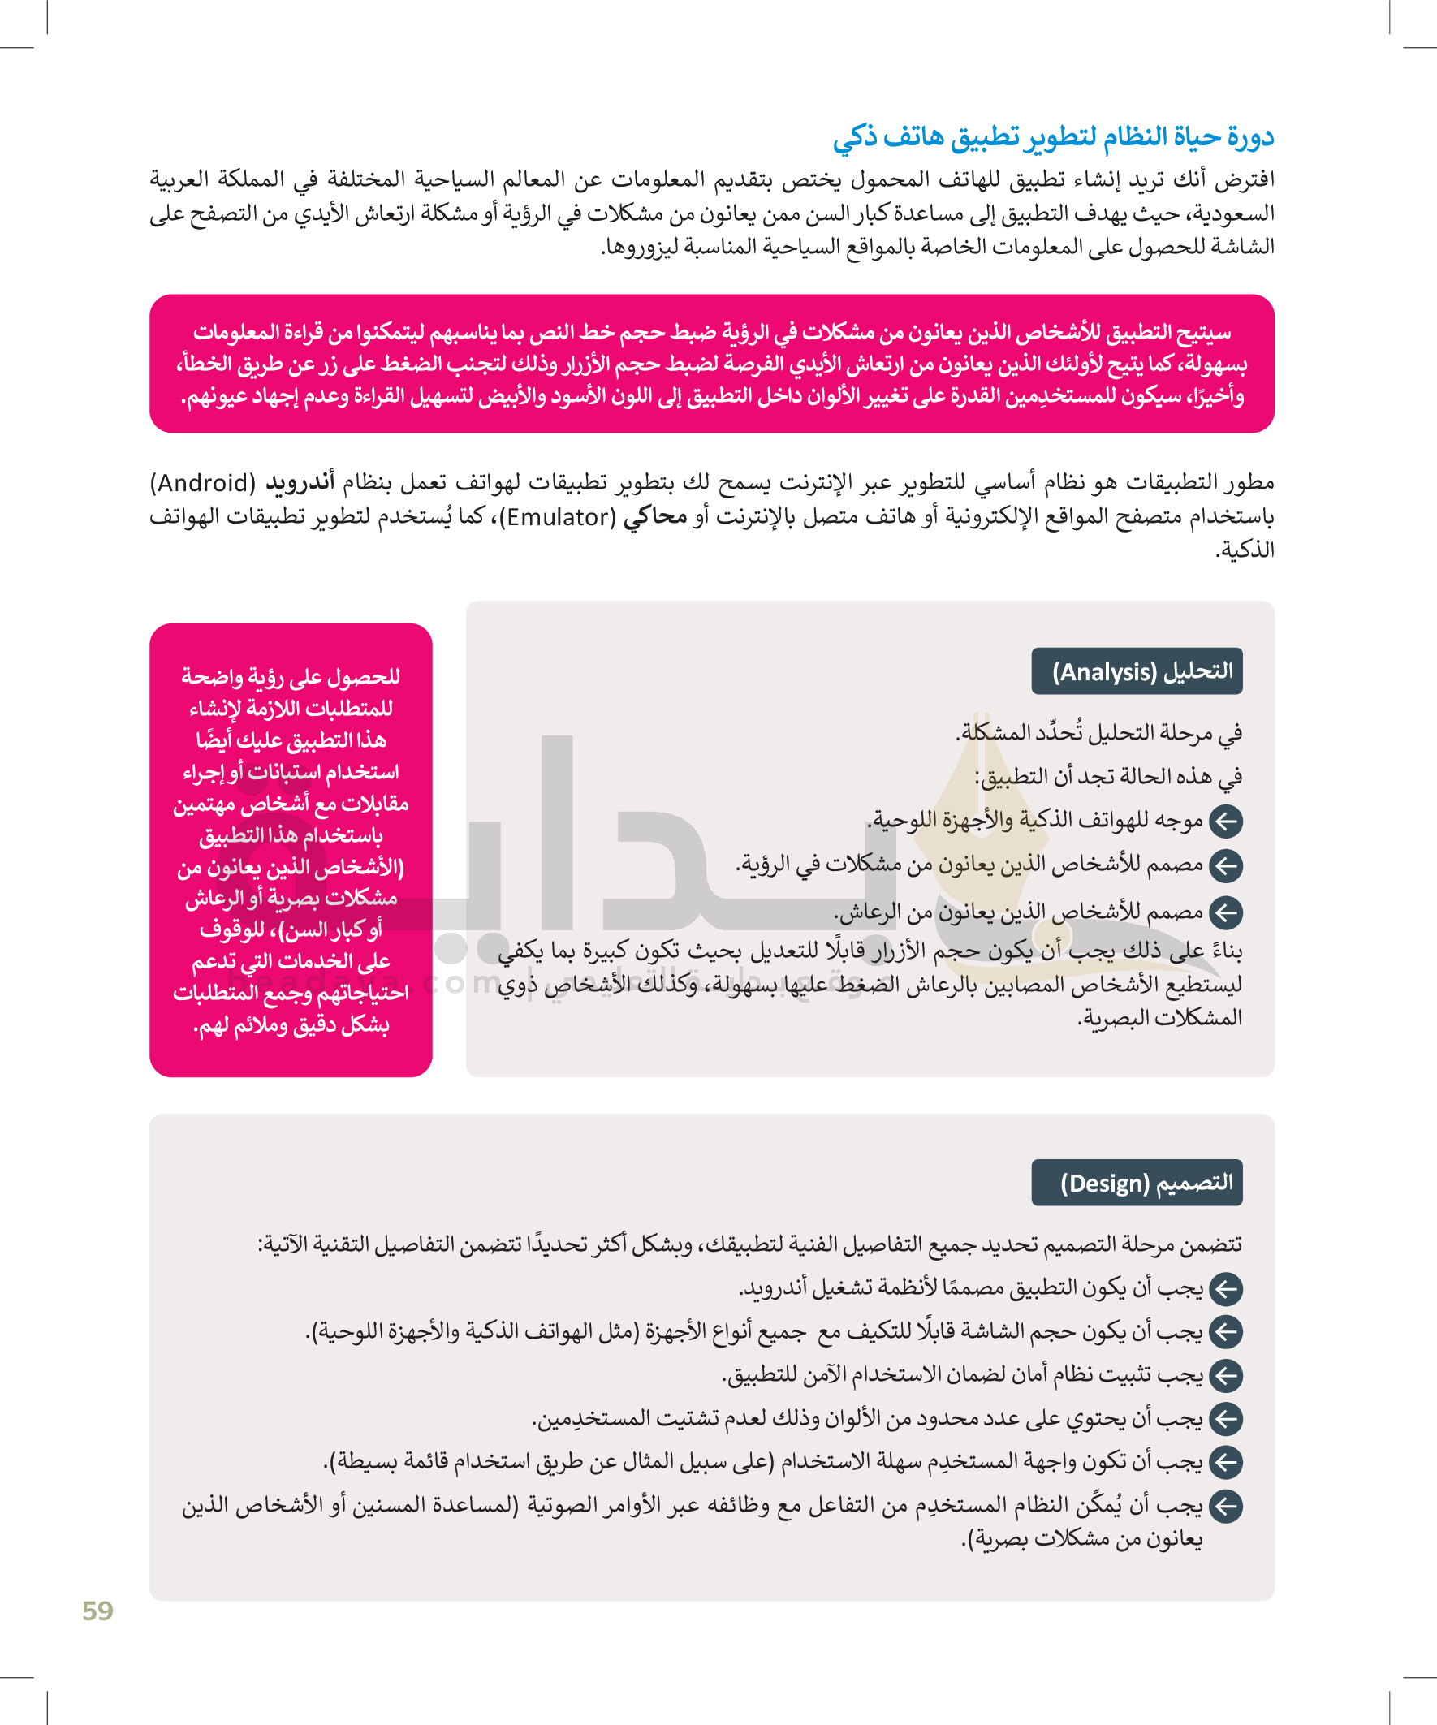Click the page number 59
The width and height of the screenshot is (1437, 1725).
tap(97, 1611)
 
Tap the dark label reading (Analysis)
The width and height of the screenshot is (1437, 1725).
tap(1137, 671)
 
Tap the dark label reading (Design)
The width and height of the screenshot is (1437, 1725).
tap(1137, 1183)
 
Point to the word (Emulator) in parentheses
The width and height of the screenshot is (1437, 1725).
tap(561, 516)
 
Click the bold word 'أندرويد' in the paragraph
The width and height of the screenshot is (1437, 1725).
tap(300, 482)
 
